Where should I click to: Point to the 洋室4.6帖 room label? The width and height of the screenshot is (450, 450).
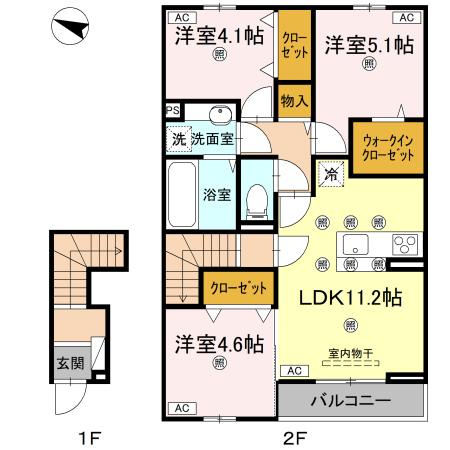(x=217, y=344)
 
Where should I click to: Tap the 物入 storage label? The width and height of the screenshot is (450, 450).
(x=294, y=102)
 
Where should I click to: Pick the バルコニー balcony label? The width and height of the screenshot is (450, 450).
(x=349, y=402)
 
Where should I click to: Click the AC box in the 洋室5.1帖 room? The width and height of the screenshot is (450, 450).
(x=406, y=18)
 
